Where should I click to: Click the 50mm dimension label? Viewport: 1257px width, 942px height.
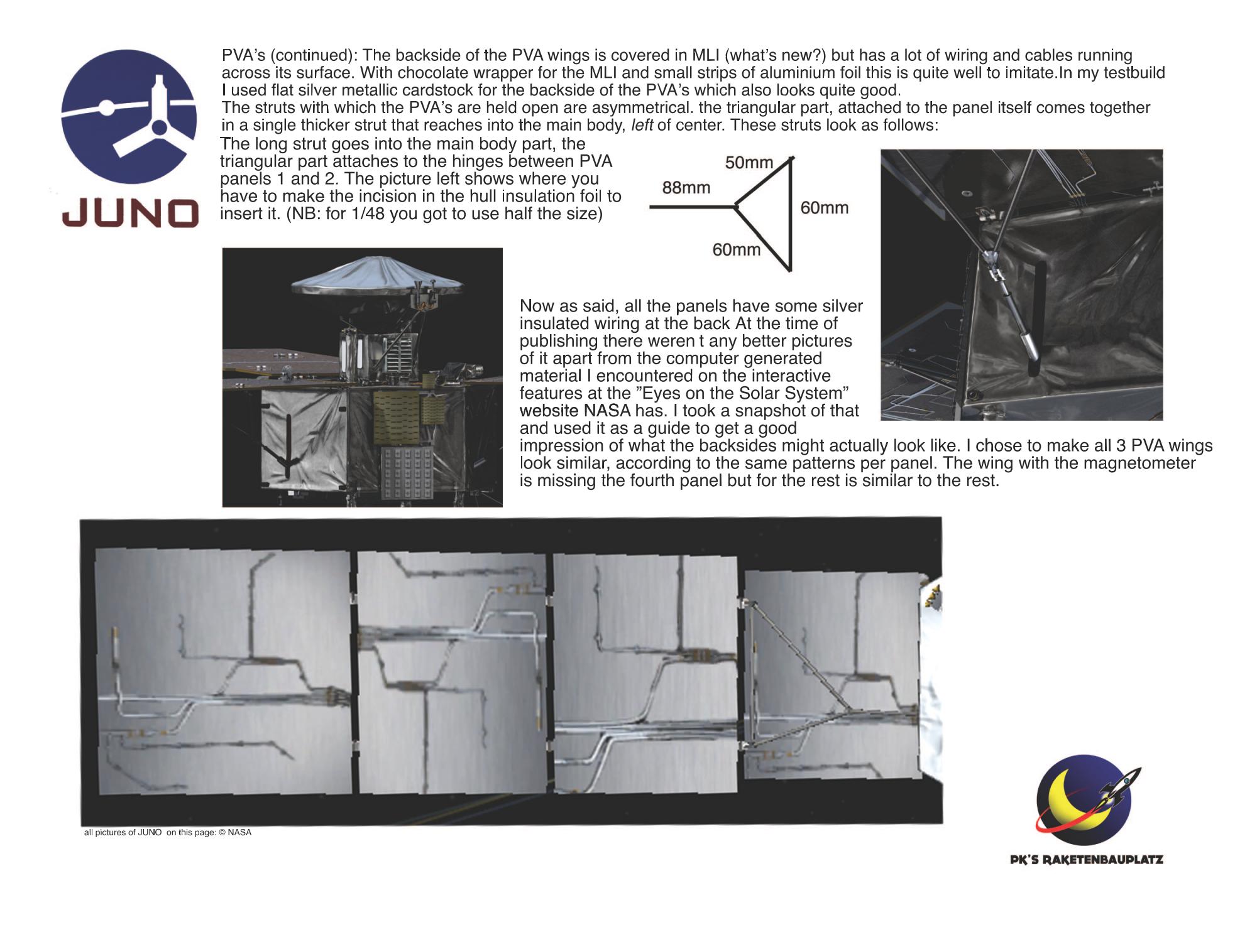point(749,163)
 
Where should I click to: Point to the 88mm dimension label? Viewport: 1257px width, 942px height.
point(686,187)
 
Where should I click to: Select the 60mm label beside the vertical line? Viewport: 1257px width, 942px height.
point(824,208)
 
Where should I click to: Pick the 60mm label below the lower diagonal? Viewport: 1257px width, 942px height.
point(736,250)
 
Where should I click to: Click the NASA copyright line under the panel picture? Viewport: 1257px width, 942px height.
point(168,833)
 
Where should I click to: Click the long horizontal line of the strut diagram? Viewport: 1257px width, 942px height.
point(691,206)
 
